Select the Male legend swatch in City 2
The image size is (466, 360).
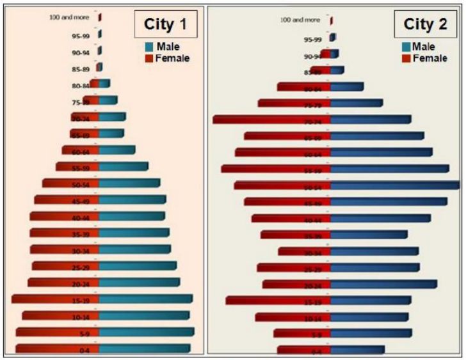coord(406,47)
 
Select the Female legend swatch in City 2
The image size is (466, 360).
coord(406,58)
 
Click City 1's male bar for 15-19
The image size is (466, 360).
coord(145,299)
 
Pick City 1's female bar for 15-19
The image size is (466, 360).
coord(55,299)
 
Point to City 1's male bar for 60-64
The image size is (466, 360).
coord(117,150)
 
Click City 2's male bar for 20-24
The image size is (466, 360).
coord(384,284)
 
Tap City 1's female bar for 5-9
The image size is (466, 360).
coord(57,332)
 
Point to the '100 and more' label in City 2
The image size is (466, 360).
coord(300,20)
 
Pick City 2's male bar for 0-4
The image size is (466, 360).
coord(358,350)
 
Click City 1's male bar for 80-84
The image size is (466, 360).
coord(104,83)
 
